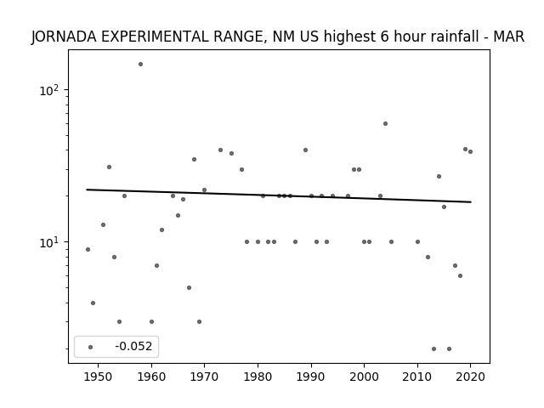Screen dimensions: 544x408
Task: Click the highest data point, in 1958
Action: click(x=140, y=65)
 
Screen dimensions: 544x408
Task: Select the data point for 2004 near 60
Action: click(x=385, y=124)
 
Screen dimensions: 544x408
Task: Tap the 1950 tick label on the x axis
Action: click(x=99, y=377)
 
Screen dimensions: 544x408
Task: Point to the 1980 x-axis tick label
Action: click(x=258, y=377)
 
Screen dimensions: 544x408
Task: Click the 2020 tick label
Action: click(x=470, y=377)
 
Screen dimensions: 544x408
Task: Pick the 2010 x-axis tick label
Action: click(x=417, y=377)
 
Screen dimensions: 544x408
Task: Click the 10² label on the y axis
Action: click(x=49, y=90)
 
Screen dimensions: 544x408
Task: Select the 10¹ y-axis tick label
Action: click(x=49, y=242)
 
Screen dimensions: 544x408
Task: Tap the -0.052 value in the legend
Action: click(x=133, y=346)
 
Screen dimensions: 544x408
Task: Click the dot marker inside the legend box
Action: click(x=91, y=348)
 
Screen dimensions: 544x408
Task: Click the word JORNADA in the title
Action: click(x=65, y=37)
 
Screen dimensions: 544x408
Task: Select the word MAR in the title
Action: click(x=509, y=37)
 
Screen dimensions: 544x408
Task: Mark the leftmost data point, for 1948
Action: click(x=88, y=249)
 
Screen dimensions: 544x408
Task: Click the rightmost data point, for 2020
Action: click(x=470, y=151)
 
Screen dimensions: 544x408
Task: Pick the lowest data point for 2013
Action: click(x=433, y=349)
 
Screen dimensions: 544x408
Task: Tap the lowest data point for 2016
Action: click(x=450, y=349)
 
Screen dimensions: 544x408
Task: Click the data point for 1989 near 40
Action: click(x=306, y=150)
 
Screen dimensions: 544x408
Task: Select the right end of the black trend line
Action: click(x=471, y=202)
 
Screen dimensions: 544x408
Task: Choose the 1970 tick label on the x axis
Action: click(x=204, y=377)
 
